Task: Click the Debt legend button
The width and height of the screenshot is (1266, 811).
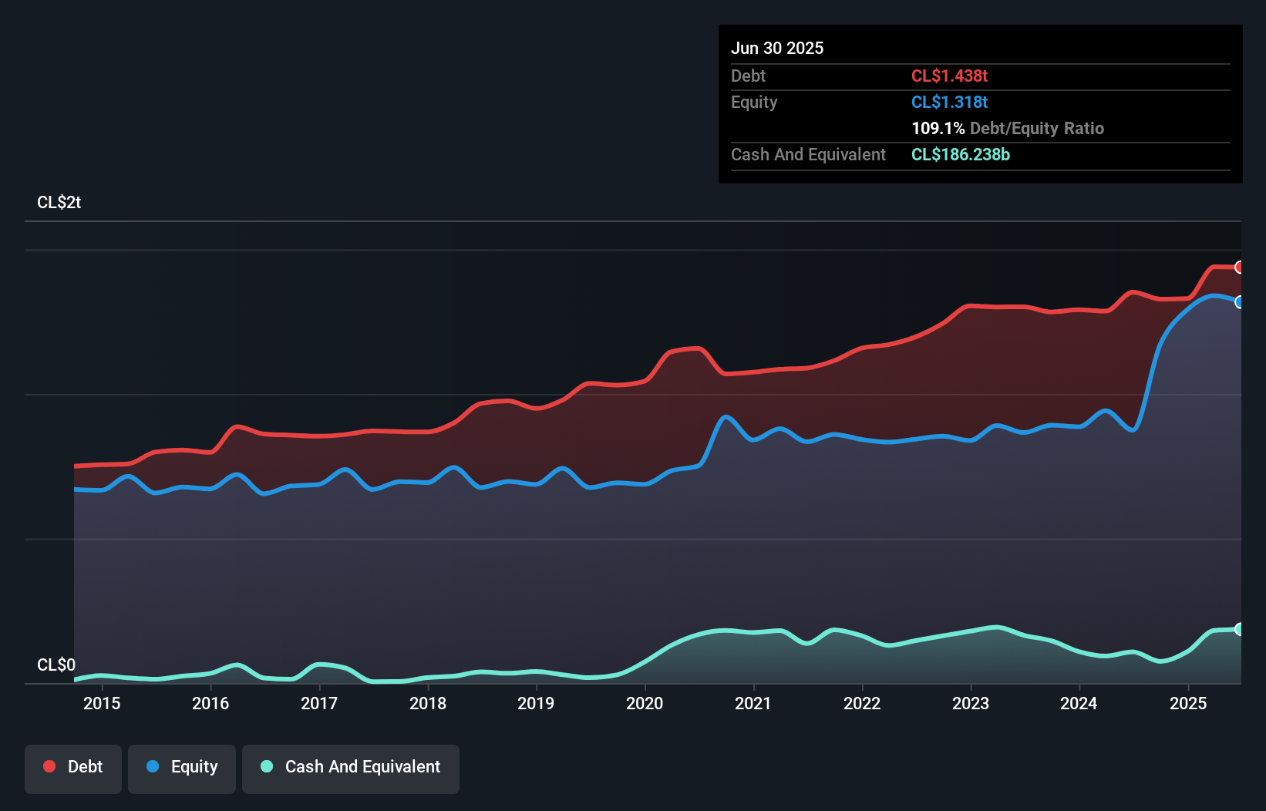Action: (73, 768)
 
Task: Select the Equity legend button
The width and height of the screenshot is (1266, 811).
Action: (182, 768)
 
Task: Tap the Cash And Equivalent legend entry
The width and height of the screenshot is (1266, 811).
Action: (351, 768)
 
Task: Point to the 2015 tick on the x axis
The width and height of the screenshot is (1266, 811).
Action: (102, 703)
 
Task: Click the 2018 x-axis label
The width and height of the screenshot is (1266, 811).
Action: (428, 703)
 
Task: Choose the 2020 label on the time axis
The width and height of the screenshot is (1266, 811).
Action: (645, 703)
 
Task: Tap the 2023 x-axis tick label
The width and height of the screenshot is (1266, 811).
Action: (971, 703)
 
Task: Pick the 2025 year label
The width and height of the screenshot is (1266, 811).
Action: (1188, 703)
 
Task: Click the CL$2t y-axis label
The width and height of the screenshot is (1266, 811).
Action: (59, 203)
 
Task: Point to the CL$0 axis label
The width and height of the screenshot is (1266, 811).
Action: (56, 665)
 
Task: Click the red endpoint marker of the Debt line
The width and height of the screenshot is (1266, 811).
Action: (1240, 268)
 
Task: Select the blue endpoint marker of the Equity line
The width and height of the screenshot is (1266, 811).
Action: (1240, 302)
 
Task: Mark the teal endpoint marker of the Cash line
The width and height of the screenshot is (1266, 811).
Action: (1240, 629)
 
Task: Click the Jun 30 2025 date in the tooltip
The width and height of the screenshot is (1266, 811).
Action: (777, 48)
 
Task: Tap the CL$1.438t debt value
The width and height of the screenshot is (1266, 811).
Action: (949, 76)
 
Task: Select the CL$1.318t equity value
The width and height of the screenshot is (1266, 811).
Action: (949, 102)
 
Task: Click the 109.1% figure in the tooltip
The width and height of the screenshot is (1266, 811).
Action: (938, 128)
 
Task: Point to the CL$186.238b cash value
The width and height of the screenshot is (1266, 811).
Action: (960, 154)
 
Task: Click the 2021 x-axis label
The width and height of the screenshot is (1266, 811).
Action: (753, 703)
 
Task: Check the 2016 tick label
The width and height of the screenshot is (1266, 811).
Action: (210, 703)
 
